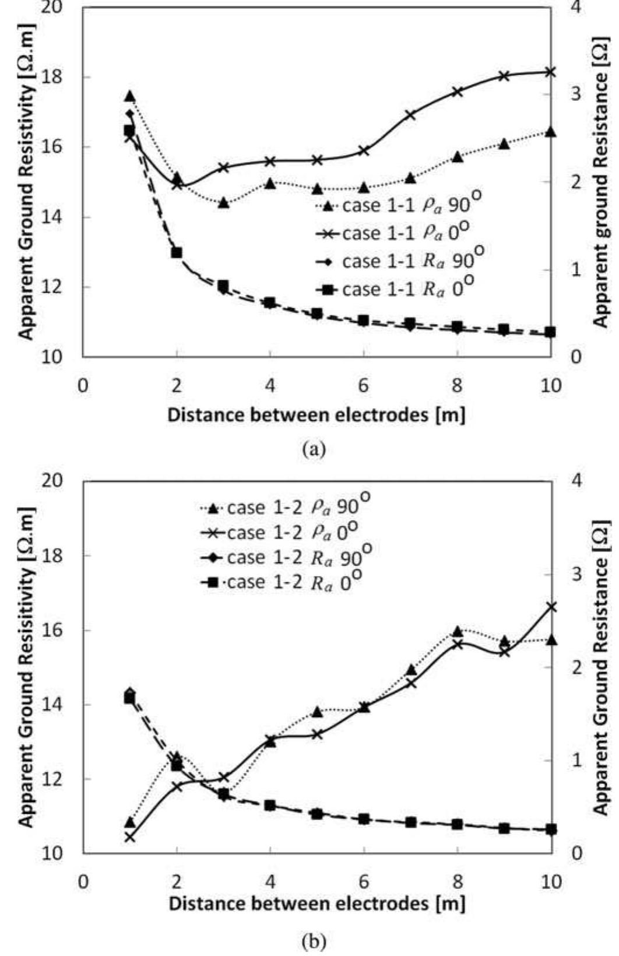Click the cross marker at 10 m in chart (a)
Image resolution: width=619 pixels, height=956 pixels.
tap(551, 72)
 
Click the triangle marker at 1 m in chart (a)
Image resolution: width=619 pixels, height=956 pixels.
tap(130, 96)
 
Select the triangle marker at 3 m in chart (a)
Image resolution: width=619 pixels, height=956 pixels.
tap(223, 203)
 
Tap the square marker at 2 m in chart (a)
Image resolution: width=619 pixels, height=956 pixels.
tap(177, 253)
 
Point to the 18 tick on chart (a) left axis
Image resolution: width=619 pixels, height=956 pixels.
tap(59, 77)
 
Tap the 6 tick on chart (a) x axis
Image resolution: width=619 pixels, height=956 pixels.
tap(363, 386)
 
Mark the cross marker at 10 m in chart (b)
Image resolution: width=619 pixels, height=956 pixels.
tap(551, 607)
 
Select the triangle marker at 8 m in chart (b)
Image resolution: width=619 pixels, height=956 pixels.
tap(458, 631)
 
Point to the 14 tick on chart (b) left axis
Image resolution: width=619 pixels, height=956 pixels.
tap(59, 705)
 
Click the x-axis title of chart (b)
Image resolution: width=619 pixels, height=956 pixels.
tap(316, 904)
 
